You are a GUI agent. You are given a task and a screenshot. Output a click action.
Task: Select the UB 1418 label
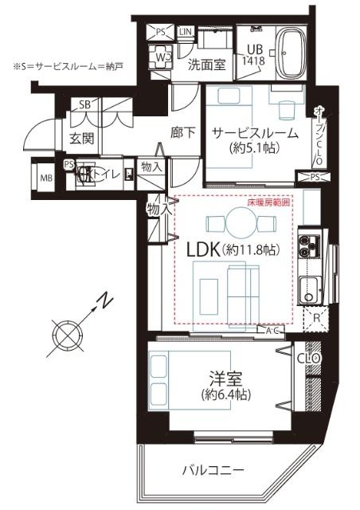[x=255, y=53]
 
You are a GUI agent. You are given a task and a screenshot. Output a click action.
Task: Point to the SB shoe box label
[x=84, y=104]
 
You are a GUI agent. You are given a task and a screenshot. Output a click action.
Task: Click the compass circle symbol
[x=66, y=331]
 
